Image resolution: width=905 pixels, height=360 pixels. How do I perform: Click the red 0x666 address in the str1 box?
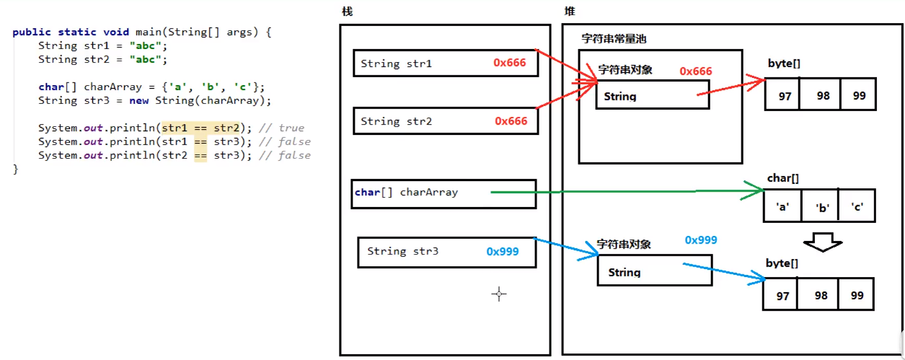pyautogui.click(x=510, y=63)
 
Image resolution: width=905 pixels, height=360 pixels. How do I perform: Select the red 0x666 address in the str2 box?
pyautogui.click(x=511, y=121)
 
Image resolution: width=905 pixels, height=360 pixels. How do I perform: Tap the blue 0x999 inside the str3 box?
pyautogui.click(x=502, y=252)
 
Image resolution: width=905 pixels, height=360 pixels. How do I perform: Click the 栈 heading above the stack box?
pyautogui.click(x=348, y=12)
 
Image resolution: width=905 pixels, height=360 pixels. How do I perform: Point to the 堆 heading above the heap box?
pyautogui.click(x=570, y=12)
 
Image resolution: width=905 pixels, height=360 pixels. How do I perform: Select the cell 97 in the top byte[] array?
pyautogui.click(x=784, y=96)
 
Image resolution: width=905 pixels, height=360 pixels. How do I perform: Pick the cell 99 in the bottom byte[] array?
pyautogui.click(x=857, y=296)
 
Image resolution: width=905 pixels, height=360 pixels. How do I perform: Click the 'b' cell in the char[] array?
pyautogui.click(x=822, y=208)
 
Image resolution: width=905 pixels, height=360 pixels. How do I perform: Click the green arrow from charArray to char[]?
pyautogui.click(x=627, y=192)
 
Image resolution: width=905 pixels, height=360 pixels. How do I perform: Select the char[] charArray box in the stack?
pyautogui.click(x=443, y=193)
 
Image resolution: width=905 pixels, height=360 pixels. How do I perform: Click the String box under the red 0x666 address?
pyautogui.click(x=652, y=95)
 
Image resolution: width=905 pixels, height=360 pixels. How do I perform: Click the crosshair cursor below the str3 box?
pyautogui.click(x=499, y=294)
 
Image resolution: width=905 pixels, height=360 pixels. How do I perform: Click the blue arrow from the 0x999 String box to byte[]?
pyautogui.click(x=721, y=273)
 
